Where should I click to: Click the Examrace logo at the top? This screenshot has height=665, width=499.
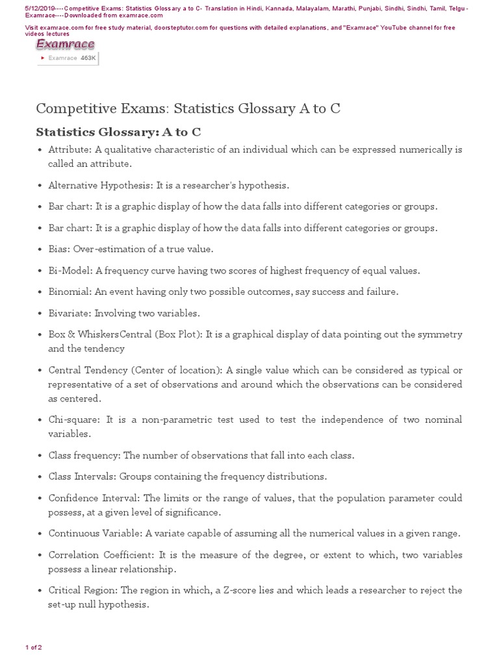[x=65, y=44]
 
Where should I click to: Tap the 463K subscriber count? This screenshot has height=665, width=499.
[x=88, y=58]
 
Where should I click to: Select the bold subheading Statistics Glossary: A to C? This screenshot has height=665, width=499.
[x=118, y=132]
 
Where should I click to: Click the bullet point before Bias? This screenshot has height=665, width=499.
[x=40, y=249]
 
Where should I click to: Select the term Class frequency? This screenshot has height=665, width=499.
[x=84, y=455]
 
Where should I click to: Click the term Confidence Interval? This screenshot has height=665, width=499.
[x=93, y=498]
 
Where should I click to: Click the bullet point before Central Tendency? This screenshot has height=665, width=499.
[x=40, y=371]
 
